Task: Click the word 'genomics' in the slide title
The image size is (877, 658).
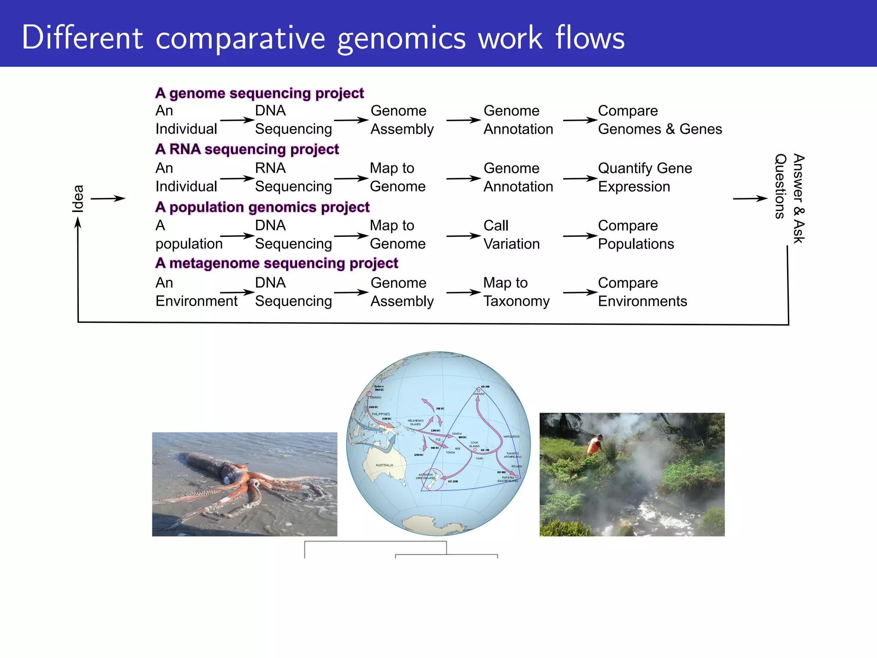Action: pyautogui.click(x=401, y=39)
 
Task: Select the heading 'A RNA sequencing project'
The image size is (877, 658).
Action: pyautogui.click(x=247, y=149)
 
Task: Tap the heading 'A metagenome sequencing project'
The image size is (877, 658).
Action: pyautogui.click(x=277, y=263)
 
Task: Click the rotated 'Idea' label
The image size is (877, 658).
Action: pyautogui.click(x=78, y=198)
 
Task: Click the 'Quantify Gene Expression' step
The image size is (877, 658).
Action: pyautogui.click(x=644, y=177)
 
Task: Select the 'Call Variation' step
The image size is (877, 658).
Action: pyautogui.click(x=511, y=235)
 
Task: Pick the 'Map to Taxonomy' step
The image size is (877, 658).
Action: pyautogui.click(x=516, y=292)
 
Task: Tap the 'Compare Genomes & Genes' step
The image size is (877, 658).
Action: pyautogui.click(x=659, y=120)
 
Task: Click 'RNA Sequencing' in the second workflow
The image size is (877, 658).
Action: pyautogui.click(x=293, y=177)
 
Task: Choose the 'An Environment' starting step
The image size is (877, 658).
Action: pyautogui.click(x=196, y=292)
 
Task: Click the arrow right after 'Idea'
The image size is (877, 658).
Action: pyautogui.click(x=108, y=198)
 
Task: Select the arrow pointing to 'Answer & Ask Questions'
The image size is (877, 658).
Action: pyautogui.click(x=750, y=198)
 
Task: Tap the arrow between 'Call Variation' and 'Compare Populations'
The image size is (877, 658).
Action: pyautogui.click(x=580, y=236)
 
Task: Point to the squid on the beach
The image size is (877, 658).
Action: pyautogui.click(x=240, y=480)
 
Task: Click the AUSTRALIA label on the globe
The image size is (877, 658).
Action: pyautogui.click(x=384, y=465)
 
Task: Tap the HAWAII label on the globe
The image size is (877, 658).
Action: pyautogui.click(x=479, y=394)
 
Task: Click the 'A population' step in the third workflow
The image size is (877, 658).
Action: pyautogui.click(x=188, y=235)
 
